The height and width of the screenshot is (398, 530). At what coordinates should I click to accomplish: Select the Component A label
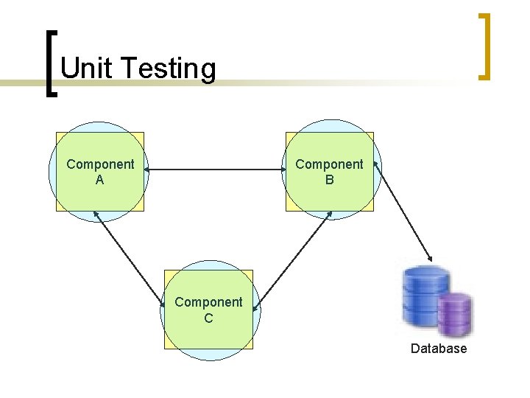(100, 171)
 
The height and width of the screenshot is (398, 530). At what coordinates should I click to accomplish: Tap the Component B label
(329, 171)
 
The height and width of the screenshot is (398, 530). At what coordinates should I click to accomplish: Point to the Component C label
(208, 310)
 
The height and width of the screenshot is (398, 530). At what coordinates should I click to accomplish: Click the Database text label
(439, 349)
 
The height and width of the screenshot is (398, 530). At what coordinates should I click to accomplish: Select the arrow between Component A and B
(214, 171)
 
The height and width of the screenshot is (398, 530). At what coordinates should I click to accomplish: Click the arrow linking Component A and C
(130, 258)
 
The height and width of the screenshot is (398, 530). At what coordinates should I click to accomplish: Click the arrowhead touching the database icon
(431, 258)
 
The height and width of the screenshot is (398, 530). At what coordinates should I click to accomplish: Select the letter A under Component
(100, 179)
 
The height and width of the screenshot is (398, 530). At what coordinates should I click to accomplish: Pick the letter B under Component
(329, 179)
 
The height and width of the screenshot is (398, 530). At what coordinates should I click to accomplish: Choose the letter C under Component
(208, 318)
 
